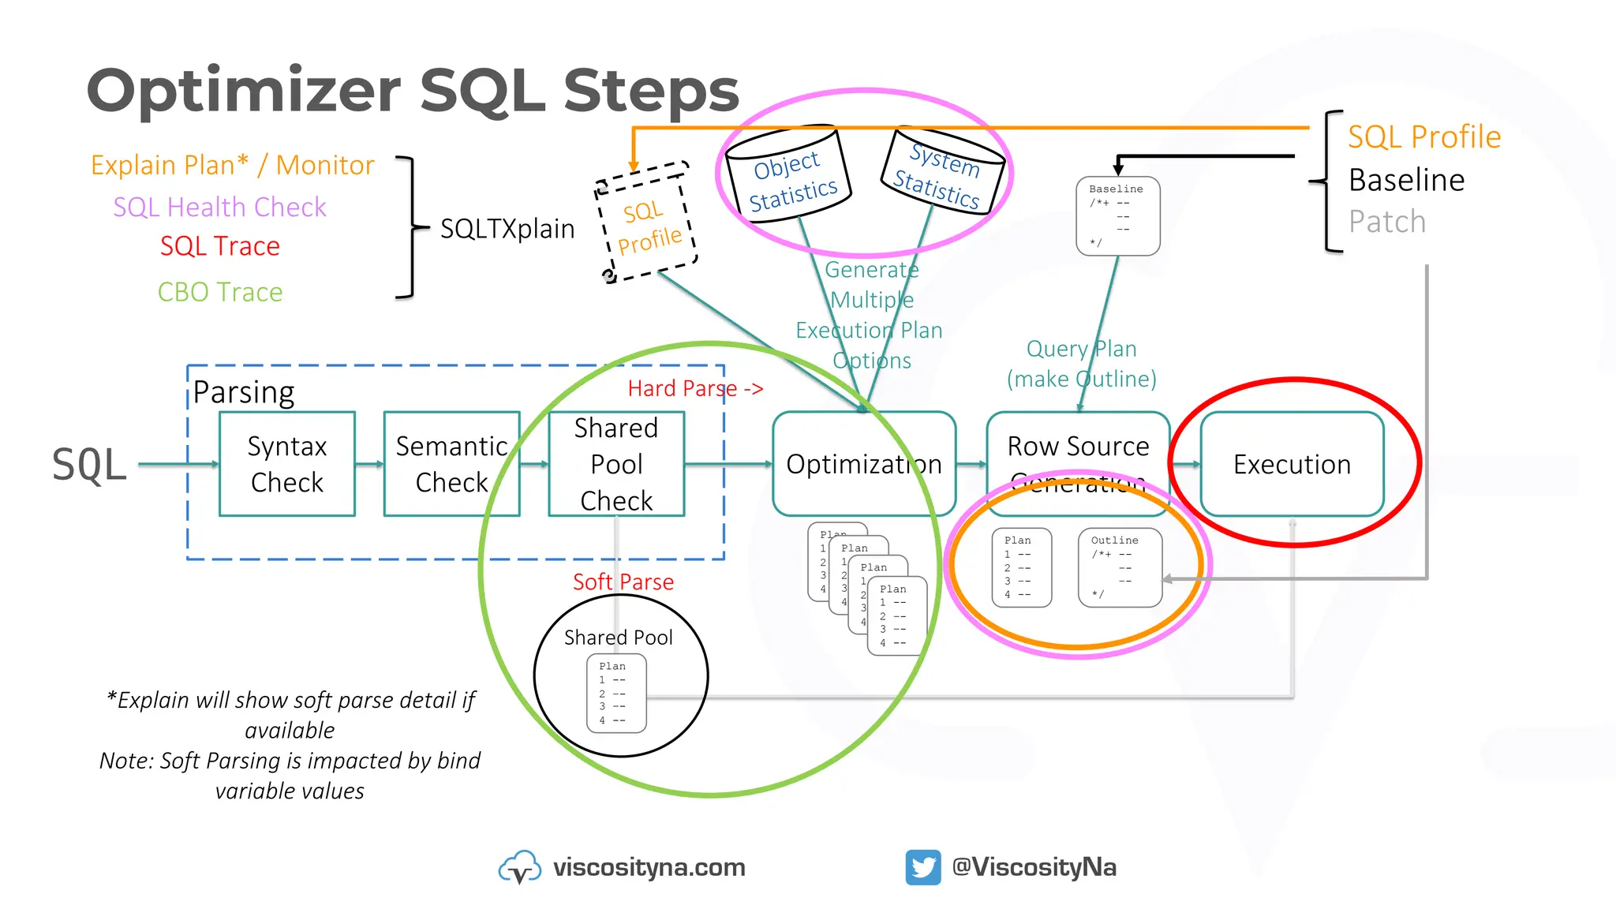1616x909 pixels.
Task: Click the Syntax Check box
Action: click(287, 464)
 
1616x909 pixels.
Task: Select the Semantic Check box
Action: click(451, 464)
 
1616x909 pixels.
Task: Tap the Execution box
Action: click(1292, 464)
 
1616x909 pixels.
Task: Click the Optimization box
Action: click(864, 464)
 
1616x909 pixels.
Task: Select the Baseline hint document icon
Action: click(1117, 215)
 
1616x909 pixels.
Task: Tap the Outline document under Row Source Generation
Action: click(1120, 567)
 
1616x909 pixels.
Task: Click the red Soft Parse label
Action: click(623, 582)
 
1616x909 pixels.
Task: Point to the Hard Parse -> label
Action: click(695, 388)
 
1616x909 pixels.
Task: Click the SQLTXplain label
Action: click(507, 229)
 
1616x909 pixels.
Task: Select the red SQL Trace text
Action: click(219, 246)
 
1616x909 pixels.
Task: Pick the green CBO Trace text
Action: click(219, 292)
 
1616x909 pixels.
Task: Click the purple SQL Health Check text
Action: click(219, 207)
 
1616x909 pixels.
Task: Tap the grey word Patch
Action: click(1387, 222)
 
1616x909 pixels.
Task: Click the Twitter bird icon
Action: click(922, 867)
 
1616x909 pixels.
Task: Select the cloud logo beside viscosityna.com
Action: click(519, 867)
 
